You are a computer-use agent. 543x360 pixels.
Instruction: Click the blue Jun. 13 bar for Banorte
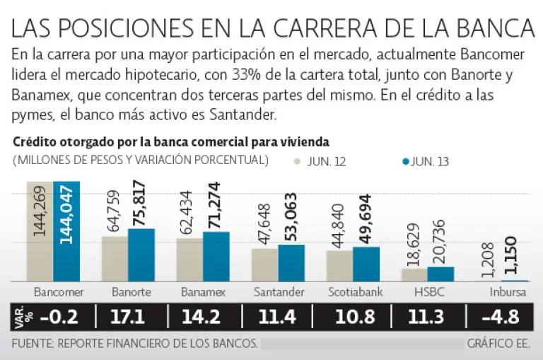pyautogui.click(x=141, y=255)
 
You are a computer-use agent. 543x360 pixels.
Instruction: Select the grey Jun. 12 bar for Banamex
pyautogui.click(x=189, y=260)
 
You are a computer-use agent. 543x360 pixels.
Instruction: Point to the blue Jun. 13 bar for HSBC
pyautogui.click(x=440, y=274)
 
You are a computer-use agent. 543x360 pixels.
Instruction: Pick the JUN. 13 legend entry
pyautogui.click(x=427, y=161)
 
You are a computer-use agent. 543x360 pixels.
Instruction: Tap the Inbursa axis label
pyautogui.click(x=508, y=291)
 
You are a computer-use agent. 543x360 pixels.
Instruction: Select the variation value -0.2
pyautogui.click(x=59, y=317)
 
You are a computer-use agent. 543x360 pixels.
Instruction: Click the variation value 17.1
pyautogui.click(x=128, y=317)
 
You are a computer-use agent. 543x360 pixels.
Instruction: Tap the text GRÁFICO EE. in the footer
pyautogui.click(x=498, y=344)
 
